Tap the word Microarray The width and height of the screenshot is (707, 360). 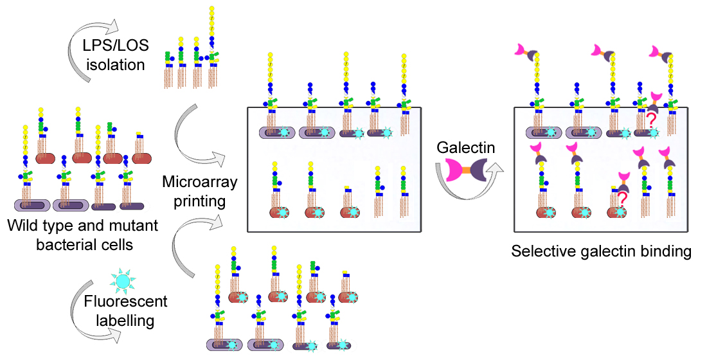200,182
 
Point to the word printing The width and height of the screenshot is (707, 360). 200,201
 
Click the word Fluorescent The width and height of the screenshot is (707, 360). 126,301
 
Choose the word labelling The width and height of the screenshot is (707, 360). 126,319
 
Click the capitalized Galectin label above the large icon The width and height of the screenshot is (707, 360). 466,148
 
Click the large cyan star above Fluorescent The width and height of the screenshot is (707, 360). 121,280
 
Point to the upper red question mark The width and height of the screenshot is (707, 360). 650,119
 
